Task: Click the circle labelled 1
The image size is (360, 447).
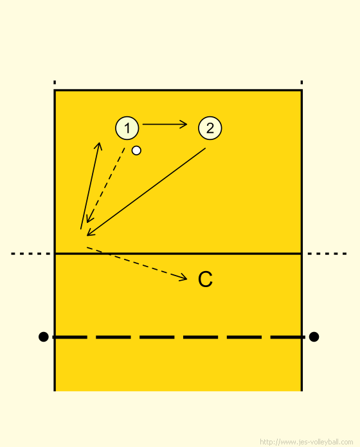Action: coord(127,128)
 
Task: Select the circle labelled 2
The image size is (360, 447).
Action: coord(210,128)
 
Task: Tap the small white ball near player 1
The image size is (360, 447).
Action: coord(136,150)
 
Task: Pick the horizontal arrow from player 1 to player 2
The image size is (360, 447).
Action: coord(165,125)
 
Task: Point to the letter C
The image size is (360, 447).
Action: coord(205,279)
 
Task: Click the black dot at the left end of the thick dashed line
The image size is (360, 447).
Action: coord(43,337)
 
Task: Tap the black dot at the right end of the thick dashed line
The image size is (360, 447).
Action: coord(314,337)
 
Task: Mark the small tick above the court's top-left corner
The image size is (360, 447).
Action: coord(55,82)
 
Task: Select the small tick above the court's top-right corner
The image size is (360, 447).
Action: coord(301,82)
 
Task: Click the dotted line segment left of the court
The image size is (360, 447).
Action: coord(31,254)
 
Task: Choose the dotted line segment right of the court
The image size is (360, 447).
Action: coord(327,254)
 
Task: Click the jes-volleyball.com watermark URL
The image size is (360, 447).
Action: coord(307,442)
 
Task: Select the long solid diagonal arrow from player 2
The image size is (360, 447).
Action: coord(146,192)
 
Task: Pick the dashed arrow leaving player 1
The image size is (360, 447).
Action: coord(106,185)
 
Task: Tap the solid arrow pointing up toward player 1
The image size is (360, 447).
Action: coord(90,186)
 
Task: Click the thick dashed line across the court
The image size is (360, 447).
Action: coord(178,337)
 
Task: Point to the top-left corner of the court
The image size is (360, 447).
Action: coord(55,91)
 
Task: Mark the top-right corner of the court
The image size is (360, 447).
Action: coord(301,91)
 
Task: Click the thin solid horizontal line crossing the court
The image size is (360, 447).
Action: coord(178,254)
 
